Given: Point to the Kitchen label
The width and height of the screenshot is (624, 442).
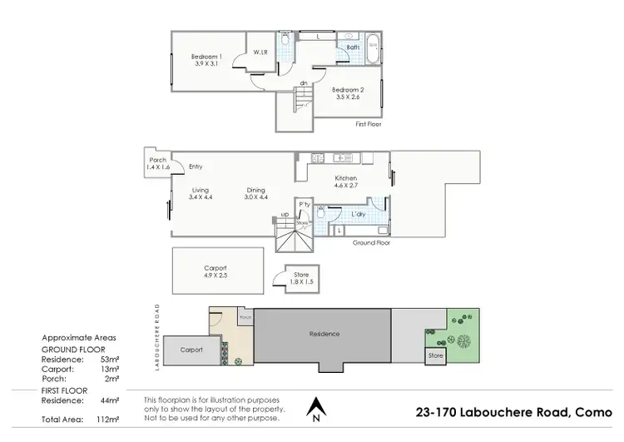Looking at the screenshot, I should click(346, 178).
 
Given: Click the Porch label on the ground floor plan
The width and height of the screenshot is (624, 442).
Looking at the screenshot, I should click(158, 161).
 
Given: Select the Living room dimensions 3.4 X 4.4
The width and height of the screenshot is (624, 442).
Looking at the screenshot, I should click(201, 197).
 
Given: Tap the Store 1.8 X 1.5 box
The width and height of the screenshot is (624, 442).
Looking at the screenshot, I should click(295, 279).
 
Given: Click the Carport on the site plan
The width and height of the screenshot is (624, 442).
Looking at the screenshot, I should click(192, 350).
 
